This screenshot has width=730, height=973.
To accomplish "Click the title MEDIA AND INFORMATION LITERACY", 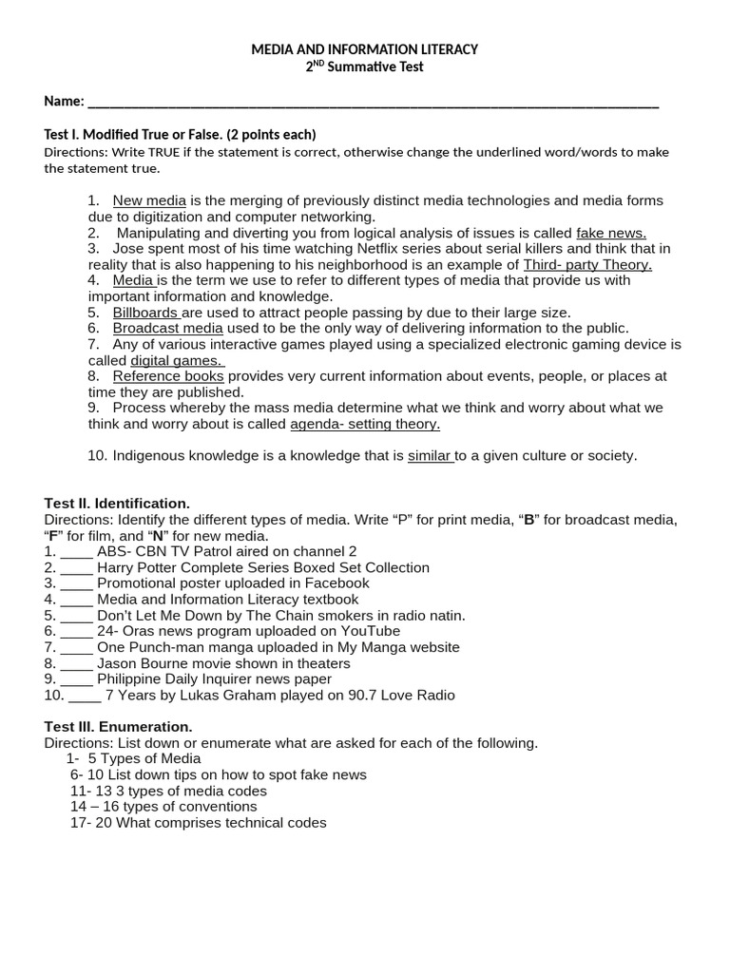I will pos(364,48).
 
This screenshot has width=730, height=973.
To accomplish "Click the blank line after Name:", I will pos(372,103).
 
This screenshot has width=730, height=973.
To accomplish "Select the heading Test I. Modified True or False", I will pos(180,134).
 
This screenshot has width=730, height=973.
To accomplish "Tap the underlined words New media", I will pos(149,200).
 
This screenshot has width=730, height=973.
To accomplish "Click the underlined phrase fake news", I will pos(611,233).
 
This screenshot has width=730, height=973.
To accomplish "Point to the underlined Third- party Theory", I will pos(587,264).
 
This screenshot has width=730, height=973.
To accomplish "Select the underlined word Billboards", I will pos(145,313).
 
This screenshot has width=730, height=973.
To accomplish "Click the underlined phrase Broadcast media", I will pos(167,328).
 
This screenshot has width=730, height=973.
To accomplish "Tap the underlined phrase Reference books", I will pos(168,376).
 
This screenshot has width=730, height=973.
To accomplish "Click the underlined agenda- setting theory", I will pos(365,424).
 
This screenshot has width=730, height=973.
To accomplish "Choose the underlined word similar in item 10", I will pos(429,456).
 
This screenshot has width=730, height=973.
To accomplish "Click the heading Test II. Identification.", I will pos(117,503).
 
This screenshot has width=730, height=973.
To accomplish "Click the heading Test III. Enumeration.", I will pos(118,727).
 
